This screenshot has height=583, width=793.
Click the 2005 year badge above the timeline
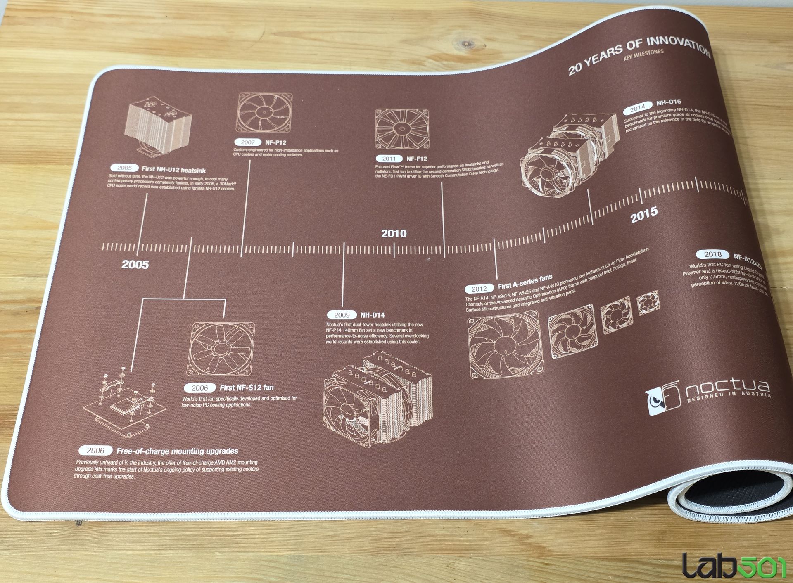click(124, 168)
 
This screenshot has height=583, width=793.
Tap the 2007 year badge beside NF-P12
click(248, 142)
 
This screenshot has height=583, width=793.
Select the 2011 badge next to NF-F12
click(389, 159)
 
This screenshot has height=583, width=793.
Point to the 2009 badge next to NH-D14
click(342, 315)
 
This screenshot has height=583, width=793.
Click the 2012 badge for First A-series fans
click(479, 289)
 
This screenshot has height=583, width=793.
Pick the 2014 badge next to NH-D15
click(637, 108)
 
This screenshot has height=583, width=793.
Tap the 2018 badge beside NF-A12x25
click(713, 254)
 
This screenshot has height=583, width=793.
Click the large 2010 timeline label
click(394, 234)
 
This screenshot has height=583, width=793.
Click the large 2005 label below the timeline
click(135, 265)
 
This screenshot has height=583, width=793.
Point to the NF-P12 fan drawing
click(264, 113)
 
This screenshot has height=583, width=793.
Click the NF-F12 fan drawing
click(401, 128)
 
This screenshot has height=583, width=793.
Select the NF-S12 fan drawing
click(221, 349)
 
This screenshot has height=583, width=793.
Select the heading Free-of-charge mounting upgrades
click(177, 451)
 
